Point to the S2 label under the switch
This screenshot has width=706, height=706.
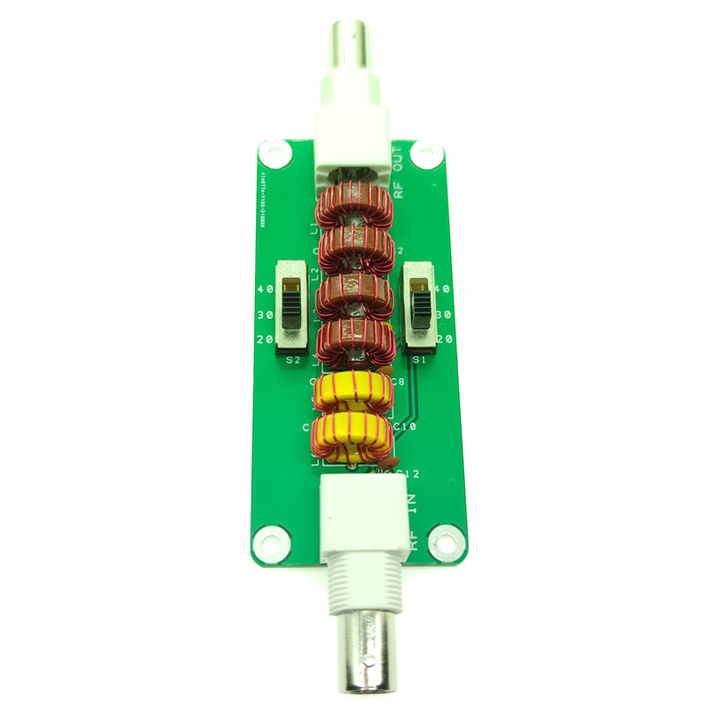tap(293, 360)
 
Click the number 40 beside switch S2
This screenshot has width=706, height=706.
tap(264, 289)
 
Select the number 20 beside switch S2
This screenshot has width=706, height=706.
tap(264, 340)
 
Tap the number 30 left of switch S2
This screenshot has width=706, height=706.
tap(264, 315)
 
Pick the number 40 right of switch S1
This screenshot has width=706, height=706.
tap(444, 289)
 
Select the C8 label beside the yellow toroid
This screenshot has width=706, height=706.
tap(397, 382)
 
